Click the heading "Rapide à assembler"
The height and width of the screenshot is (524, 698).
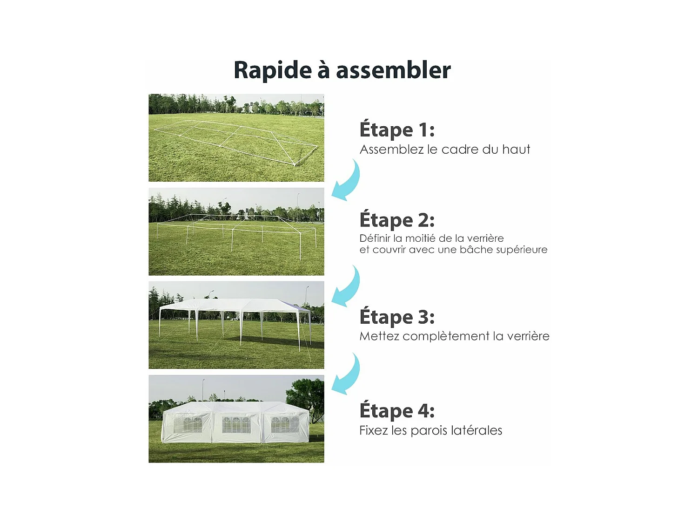click(x=342, y=70)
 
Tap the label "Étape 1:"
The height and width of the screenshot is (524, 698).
click(x=397, y=130)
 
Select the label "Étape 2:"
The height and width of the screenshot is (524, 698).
click(x=397, y=220)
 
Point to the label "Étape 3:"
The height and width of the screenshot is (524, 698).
click(x=397, y=317)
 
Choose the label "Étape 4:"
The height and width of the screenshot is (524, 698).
click(x=397, y=411)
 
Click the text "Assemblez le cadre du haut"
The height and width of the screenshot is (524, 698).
click(x=445, y=150)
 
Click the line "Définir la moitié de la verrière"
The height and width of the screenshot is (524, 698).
click(x=431, y=238)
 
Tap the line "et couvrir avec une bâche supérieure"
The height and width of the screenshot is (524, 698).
click(x=453, y=250)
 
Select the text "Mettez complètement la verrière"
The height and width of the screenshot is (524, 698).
click(x=454, y=336)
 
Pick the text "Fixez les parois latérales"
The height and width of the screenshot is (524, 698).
click(x=430, y=430)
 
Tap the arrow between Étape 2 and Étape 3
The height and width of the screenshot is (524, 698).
click(x=347, y=287)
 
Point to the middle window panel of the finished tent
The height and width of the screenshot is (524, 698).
click(x=236, y=424)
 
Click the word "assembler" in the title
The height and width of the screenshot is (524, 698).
click(x=393, y=70)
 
